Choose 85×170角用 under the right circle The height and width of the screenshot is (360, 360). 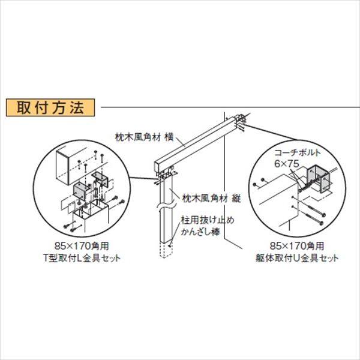[304, 247]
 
